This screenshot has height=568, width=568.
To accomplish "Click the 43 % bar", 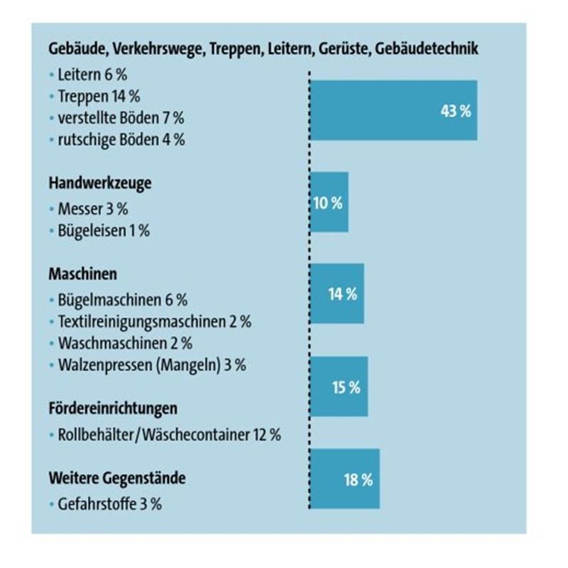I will pyautogui.click(x=394, y=110).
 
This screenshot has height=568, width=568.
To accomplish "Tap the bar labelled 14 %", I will pyautogui.click(x=338, y=294).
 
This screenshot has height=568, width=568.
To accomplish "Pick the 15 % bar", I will pyautogui.click(x=340, y=387).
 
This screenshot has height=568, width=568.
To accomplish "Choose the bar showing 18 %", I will pyautogui.click(x=346, y=479).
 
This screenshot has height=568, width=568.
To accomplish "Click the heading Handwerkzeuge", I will pyautogui.click(x=100, y=183).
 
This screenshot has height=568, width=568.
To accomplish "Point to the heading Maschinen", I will pyautogui.click(x=83, y=274).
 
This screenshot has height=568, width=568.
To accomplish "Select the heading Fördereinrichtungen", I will pyautogui.click(x=113, y=409).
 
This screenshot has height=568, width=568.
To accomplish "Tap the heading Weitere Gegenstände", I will pyautogui.click(x=117, y=478).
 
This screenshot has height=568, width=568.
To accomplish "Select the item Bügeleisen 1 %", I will pyautogui.click(x=104, y=231).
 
